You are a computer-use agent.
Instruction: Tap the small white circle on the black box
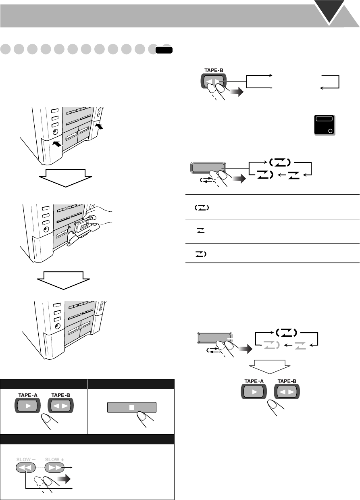click(330, 131)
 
